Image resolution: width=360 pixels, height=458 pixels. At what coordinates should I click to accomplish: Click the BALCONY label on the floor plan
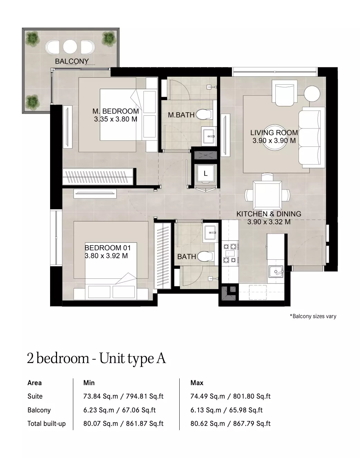tap(72, 61)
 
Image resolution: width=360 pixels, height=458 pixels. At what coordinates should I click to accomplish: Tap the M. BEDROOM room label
tap(115, 111)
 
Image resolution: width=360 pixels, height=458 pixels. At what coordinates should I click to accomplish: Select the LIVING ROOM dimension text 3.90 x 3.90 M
tap(274, 141)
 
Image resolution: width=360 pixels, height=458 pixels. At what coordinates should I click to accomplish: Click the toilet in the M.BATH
tap(204, 114)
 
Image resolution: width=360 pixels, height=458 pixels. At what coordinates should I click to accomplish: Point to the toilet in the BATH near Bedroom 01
tap(205, 256)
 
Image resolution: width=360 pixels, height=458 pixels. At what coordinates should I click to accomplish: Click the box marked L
tap(206, 174)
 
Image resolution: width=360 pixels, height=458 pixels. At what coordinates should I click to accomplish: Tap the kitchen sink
tap(276, 271)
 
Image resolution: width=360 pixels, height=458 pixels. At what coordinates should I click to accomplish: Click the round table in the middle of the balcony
tap(70, 47)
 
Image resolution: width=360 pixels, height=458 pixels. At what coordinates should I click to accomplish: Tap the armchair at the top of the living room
tap(284, 91)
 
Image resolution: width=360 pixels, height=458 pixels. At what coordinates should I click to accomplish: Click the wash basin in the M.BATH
tap(208, 136)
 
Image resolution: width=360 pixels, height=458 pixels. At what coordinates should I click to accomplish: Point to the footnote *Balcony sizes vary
tap(313, 316)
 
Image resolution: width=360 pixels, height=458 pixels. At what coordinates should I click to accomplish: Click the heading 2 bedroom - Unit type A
tap(96, 359)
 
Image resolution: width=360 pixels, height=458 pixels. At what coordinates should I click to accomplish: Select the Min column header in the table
tap(89, 383)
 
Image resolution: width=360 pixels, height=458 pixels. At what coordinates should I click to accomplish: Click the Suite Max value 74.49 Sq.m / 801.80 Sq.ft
tap(230, 396)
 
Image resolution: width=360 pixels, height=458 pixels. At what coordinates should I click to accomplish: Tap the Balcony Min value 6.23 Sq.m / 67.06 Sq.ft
tap(120, 410)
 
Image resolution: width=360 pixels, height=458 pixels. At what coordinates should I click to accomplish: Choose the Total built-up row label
tap(47, 423)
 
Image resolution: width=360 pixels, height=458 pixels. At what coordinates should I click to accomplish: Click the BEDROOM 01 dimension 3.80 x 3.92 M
tap(106, 256)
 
